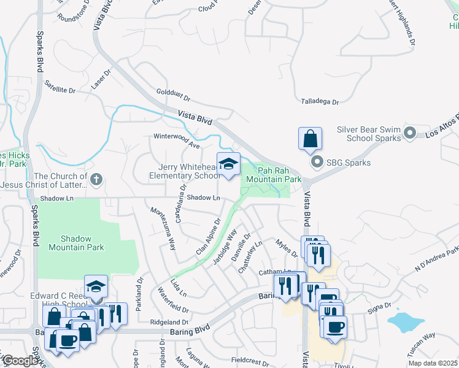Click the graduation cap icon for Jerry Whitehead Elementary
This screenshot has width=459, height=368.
click(228, 164)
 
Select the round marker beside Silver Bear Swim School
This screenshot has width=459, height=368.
click(411, 133)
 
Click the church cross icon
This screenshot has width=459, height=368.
click(95, 180)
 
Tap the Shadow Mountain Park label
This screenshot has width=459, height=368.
click(82, 243)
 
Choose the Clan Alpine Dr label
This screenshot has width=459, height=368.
click(208, 237)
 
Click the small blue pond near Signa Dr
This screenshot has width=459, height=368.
click(402, 320)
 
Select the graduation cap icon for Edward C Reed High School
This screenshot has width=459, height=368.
click(95, 286)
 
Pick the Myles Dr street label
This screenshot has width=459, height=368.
click(286, 249)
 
